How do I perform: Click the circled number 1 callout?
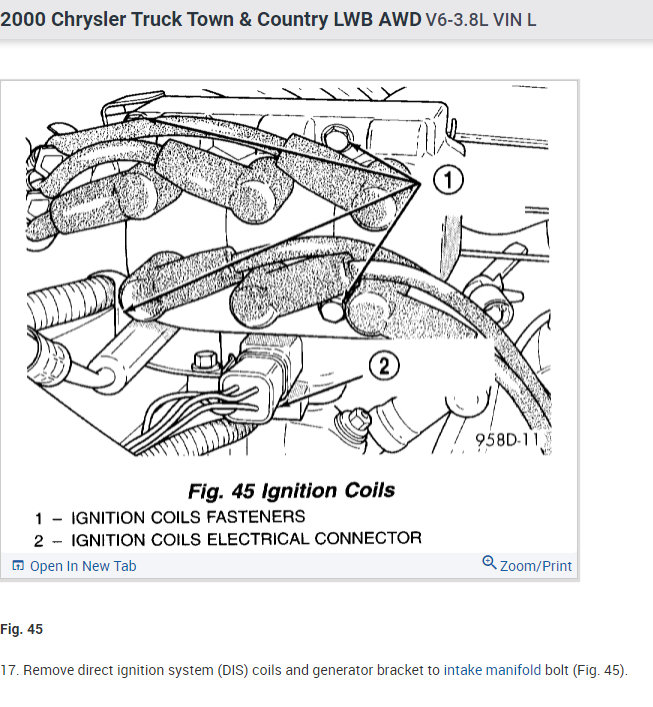(x=449, y=180)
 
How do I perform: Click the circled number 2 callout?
(x=383, y=366)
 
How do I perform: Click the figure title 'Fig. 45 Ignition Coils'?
(x=291, y=491)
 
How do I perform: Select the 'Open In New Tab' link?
(x=83, y=566)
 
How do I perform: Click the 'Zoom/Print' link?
(x=536, y=566)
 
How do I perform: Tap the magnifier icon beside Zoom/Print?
(x=489, y=564)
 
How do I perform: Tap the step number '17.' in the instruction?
(x=9, y=670)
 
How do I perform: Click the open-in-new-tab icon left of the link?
(x=17, y=566)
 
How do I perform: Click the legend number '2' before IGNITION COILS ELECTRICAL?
(x=38, y=540)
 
